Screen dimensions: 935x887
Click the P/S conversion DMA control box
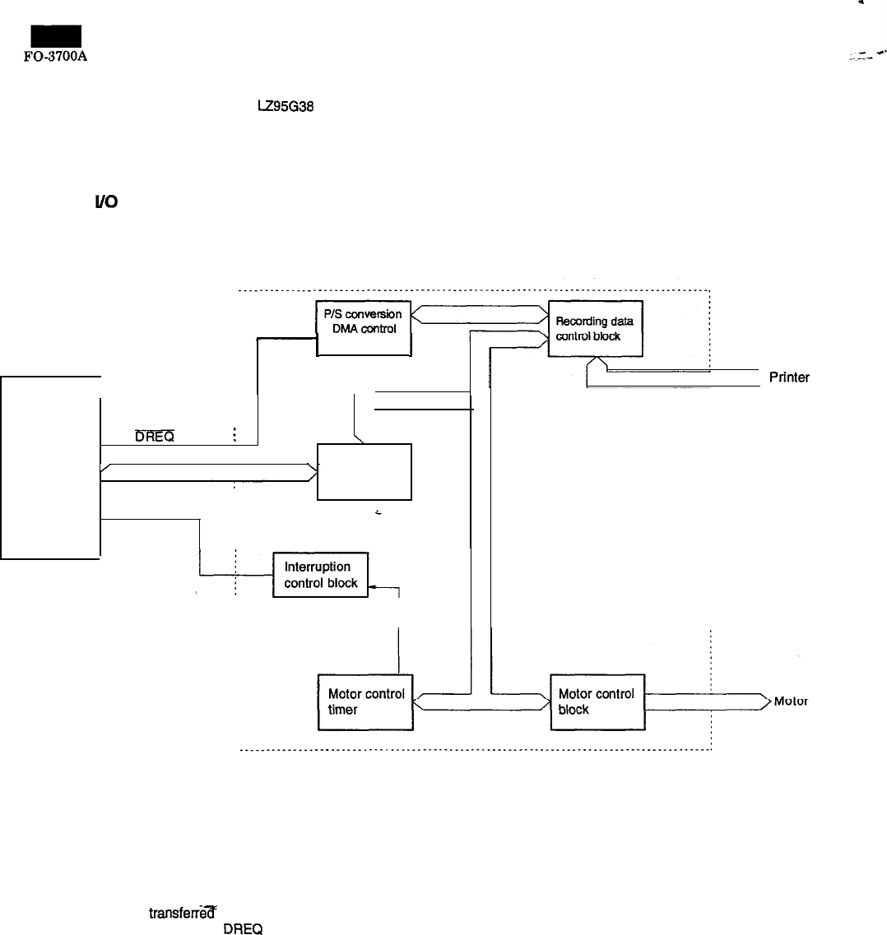tap(364, 328)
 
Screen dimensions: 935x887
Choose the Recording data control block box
tap(595, 328)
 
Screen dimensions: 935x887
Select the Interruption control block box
tap(321, 575)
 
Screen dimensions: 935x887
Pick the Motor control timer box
tap(365, 701)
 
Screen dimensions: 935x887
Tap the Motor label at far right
tap(791, 701)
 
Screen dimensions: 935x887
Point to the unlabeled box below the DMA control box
tap(364, 471)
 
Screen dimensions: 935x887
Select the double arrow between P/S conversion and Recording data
tap(480, 315)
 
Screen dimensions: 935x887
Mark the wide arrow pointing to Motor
tap(708, 701)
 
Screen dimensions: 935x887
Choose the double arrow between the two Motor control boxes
tap(481, 701)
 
